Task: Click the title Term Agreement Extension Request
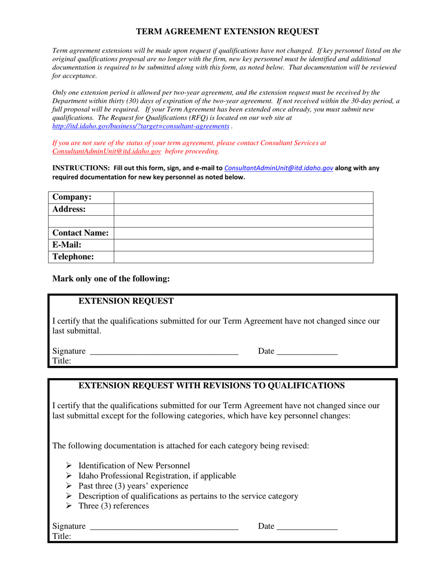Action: coord(227,32)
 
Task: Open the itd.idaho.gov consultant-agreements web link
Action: coord(141,127)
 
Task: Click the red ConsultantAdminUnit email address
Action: coord(107,152)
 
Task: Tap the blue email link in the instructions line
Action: coord(279,168)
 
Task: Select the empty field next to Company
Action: coord(243,197)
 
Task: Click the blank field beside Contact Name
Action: coord(243,233)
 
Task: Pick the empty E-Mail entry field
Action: coord(243,245)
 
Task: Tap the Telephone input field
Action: coord(243,257)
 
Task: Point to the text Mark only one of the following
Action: coord(111,279)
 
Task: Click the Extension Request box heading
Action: coord(126,301)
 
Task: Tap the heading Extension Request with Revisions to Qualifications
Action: coord(211,386)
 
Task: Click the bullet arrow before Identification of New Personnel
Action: coord(69,466)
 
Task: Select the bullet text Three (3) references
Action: coord(113,506)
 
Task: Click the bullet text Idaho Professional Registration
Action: coord(157,476)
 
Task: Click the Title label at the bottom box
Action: coord(61,537)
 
